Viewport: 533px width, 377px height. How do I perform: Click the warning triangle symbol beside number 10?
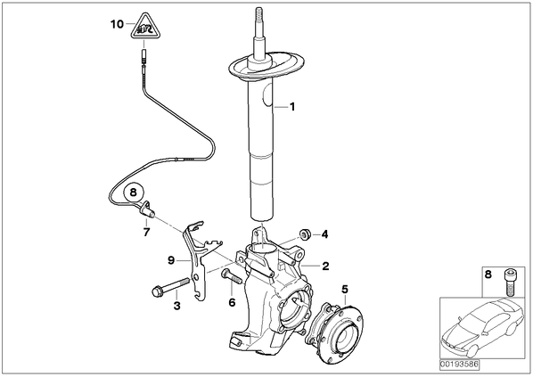click(144, 27)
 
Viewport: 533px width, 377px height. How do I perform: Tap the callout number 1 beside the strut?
click(292, 107)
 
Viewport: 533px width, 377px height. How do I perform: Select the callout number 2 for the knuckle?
click(325, 266)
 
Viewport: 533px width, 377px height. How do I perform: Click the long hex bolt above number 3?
click(170, 287)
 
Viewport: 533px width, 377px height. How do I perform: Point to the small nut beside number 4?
click(304, 234)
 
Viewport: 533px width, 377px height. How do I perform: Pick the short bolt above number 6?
click(231, 275)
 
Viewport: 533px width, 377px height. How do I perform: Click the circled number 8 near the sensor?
click(134, 193)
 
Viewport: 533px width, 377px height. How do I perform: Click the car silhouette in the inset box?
click(482, 331)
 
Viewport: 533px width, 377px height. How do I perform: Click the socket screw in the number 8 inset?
click(509, 282)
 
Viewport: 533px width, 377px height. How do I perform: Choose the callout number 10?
click(118, 24)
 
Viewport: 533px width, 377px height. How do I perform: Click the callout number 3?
click(176, 306)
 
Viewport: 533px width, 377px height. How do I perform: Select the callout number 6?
click(232, 302)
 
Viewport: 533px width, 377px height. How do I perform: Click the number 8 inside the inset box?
click(488, 275)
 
